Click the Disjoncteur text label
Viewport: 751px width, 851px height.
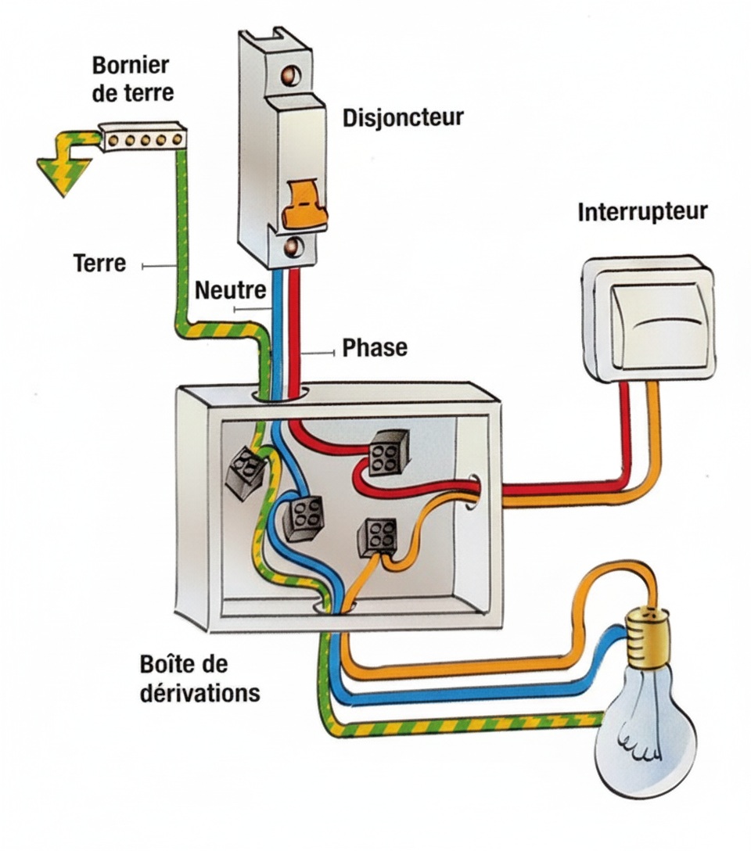pyautogui.click(x=403, y=118)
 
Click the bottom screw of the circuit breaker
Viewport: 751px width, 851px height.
pyautogui.click(x=293, y=249)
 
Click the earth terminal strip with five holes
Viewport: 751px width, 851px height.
pyautogui.click(x=144, y=139)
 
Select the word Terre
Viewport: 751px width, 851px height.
pyautogui.click(x=99, y=264)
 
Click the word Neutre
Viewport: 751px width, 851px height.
pyautogui.click(x=230, y=291)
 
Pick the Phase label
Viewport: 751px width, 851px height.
pyautogui.click(x=375, y=347)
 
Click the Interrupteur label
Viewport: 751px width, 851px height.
pyautogui.click(x=642, y=213)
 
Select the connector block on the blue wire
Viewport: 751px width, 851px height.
pyautogui.click(x=301, y=517)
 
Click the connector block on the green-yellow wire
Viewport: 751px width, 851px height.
pyautogui.click(x=243, y=472)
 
